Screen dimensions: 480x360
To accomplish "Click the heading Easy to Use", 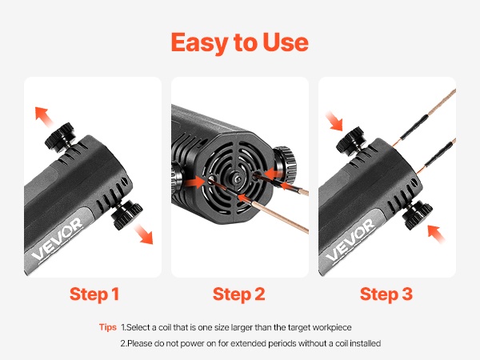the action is (x=240, y=43).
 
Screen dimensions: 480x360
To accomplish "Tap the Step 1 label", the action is (x=94, y=294).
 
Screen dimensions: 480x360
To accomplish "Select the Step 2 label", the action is (x=239, y=294).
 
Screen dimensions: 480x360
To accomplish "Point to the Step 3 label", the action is (x=386, y=294).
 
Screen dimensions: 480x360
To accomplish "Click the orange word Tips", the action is (x=108, y=327).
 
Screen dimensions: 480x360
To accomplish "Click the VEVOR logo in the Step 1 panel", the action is (x=57, y=238).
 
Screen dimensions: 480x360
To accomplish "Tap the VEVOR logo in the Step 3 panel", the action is (x=350, y=240).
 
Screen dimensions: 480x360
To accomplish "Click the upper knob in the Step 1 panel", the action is (x=60, y=137).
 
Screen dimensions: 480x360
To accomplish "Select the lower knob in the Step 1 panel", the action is (x=126, y=215).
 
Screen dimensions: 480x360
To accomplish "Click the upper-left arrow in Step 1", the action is (x=42, y=116).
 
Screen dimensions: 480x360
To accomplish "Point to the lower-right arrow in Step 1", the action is (x=143, y=234).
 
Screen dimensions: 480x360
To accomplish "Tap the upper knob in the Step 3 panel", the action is (x=351, y=141).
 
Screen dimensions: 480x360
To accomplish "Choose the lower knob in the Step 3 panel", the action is (x=418, y=215).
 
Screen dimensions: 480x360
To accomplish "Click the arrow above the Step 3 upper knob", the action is (x=334, y=121).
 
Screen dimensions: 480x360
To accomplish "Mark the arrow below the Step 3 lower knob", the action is (x=436, y=234).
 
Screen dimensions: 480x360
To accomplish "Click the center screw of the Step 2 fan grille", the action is (x=236, y=179).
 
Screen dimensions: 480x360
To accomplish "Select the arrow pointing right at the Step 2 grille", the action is (x=194, y=182).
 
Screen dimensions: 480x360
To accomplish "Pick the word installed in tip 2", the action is (x=366, y=343).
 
